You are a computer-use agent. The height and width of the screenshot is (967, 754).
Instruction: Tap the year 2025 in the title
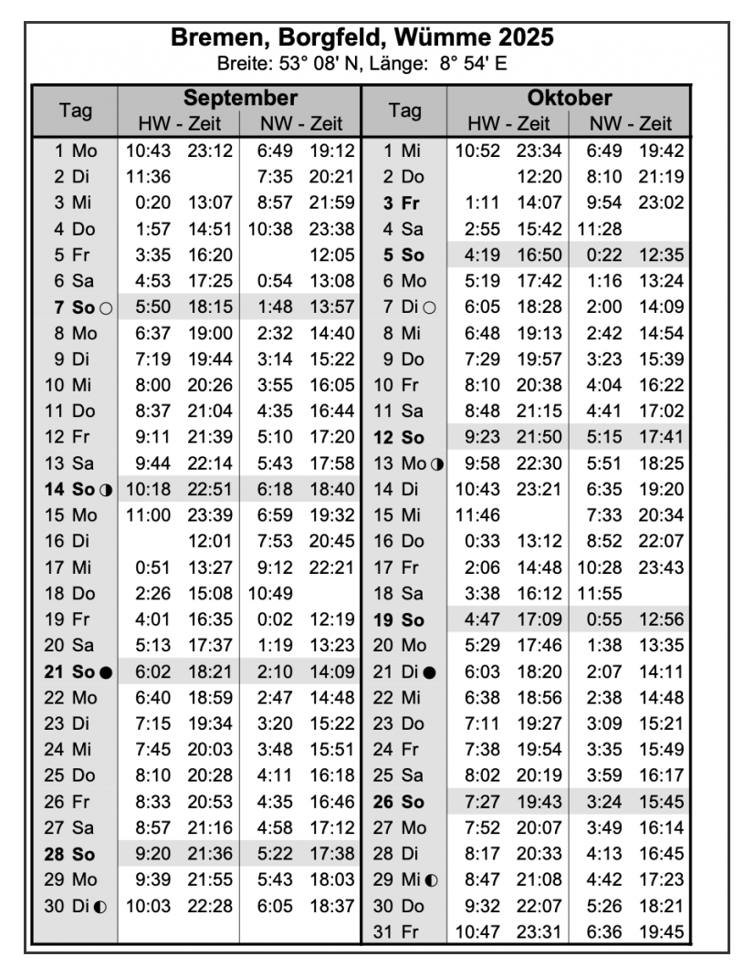click(x=525, y=40)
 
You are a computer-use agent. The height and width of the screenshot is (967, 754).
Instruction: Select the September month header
click(x=240, y=98)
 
